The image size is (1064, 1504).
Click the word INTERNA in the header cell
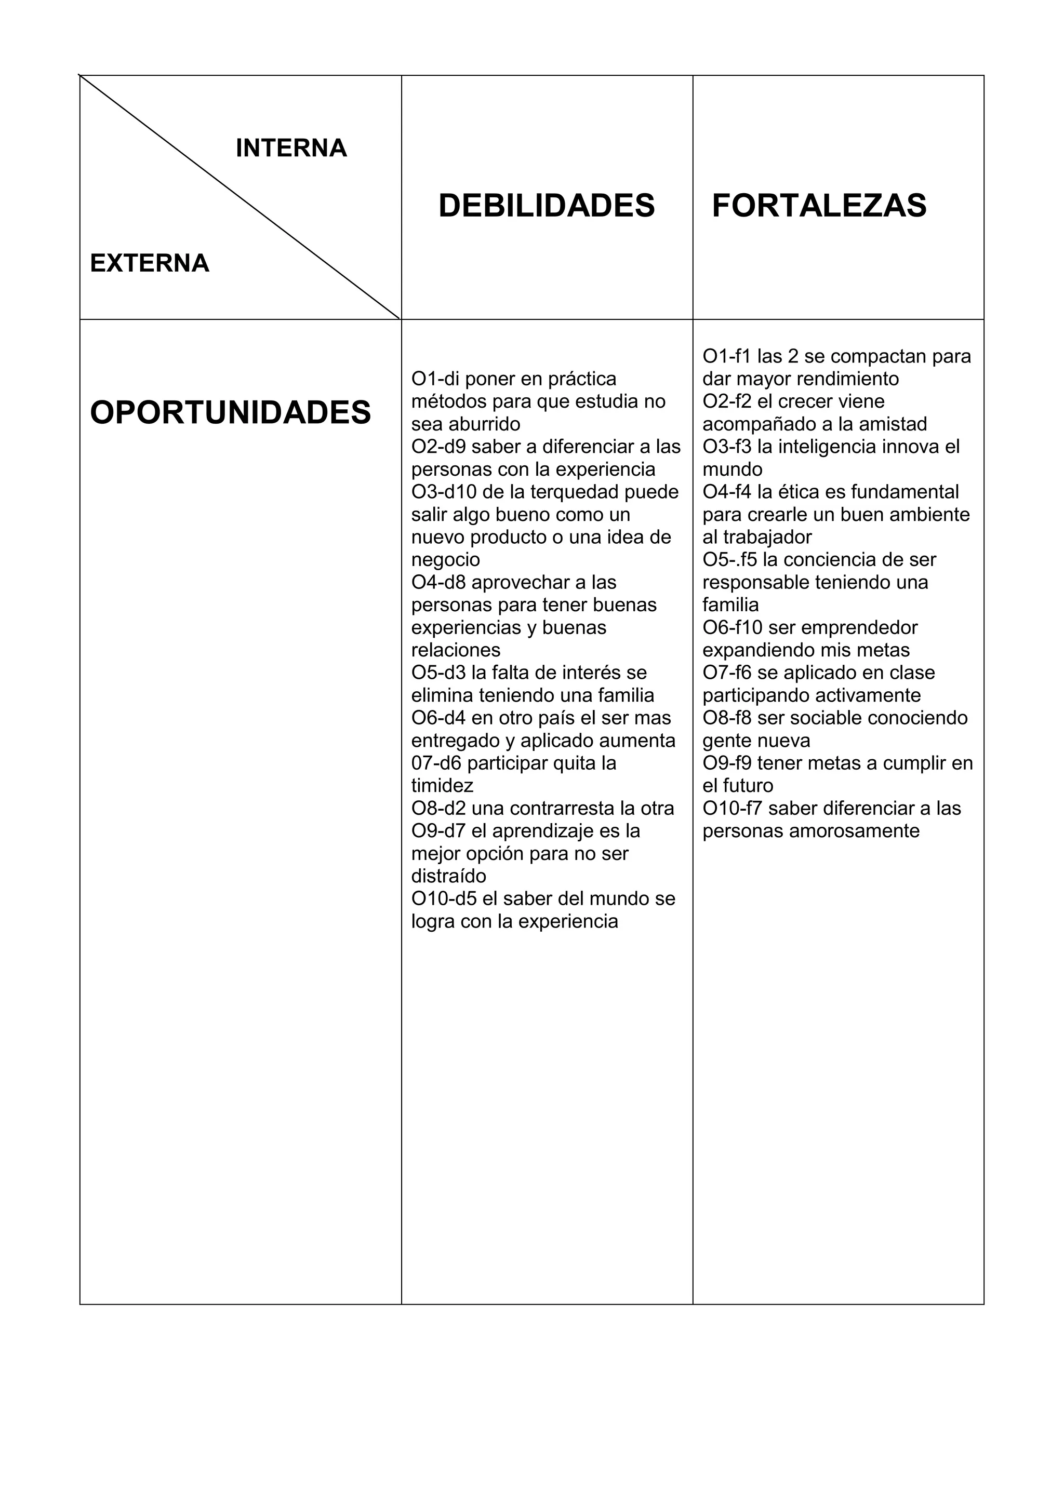point(291,148)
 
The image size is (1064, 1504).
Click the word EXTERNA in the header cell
point(150,263)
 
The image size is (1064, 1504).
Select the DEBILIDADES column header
point(547,206)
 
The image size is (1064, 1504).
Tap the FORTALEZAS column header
point(819,206)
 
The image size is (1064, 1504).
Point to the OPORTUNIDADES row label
point(231,413)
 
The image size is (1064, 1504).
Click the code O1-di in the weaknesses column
point(435,379)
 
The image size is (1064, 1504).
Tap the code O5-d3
point(438,673)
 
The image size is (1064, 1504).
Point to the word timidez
point(442,785)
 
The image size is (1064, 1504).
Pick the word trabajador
point(767,537)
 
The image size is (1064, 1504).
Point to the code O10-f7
point(733,808)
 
